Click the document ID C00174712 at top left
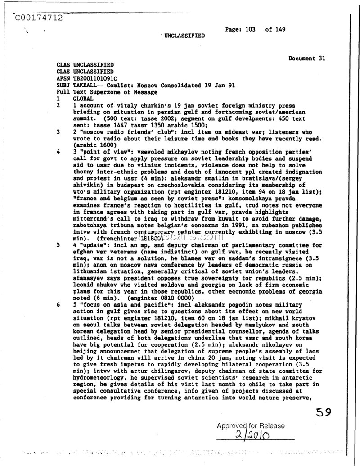click(38, 18)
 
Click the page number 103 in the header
click(250, 30)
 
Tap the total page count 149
click(281, 30)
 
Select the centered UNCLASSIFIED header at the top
click(184, 36)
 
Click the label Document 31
click(307, 58)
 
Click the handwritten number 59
click(324, 412)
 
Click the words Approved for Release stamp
click(251, 425)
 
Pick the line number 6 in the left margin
click(58, 305)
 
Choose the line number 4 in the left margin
click(58, 152)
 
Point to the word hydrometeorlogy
click(99, 377)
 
